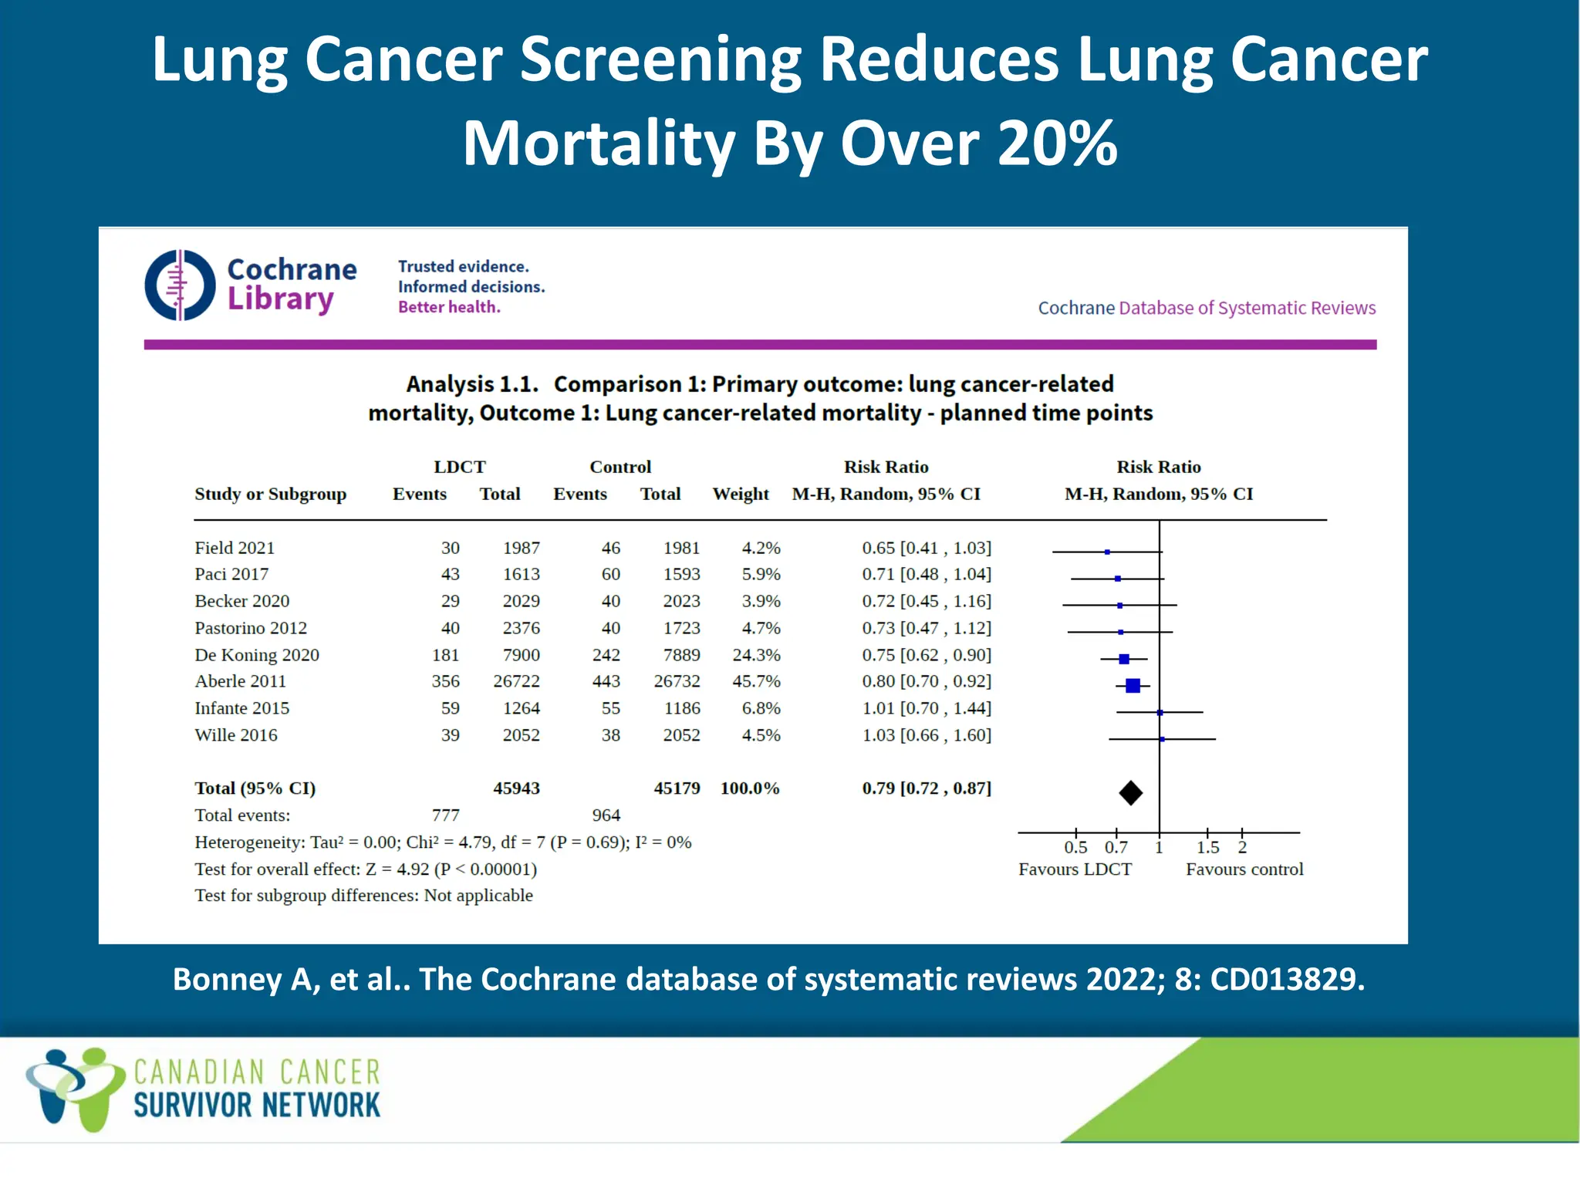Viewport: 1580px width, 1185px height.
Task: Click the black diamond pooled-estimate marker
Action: click(1130, 792)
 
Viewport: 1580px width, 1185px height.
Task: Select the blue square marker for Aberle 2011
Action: click(1133, 685)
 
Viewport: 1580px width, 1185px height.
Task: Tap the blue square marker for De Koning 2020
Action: click(1124, 659)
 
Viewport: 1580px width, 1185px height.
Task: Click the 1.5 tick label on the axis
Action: click(1207, 847)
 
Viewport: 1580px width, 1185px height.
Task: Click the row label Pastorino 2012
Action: click(251, 628)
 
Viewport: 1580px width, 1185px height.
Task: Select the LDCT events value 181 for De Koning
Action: click(445, 655)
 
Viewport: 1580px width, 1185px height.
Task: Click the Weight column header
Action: click(741, 494)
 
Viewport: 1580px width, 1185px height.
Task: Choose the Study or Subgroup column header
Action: click(270, 494)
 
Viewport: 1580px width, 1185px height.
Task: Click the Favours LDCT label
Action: click(1075, 869)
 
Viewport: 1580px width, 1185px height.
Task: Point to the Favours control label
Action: click(1244, 869)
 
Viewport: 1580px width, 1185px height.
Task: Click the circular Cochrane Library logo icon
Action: click(180, 285)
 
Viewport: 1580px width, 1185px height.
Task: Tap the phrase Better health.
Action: click(449, 307)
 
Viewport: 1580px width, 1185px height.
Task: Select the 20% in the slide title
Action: click(1057, 143)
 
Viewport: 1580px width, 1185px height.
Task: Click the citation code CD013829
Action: click(1287, 979)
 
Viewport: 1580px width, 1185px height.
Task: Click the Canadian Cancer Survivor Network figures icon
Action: click(75, 1088)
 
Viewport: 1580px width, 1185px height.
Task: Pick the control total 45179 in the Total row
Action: click(677, 788)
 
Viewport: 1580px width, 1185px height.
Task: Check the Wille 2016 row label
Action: click(235, 735)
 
